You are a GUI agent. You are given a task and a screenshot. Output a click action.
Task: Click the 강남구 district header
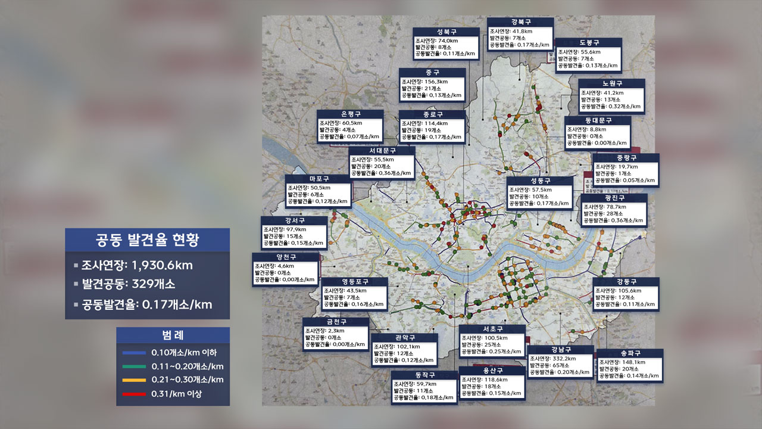point(561,350)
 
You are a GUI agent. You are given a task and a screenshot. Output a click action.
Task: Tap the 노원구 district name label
point(612,83)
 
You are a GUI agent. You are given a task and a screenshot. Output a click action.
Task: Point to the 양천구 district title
point(285,257)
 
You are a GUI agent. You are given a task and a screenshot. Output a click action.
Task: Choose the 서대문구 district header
point(382,151)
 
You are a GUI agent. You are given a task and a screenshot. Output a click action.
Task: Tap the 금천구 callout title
point(336,322)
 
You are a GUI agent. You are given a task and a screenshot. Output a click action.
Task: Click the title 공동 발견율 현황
point(148,240)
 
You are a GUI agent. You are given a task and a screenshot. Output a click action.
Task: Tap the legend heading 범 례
point(173,335)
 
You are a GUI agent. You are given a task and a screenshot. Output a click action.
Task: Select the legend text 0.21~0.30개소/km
point(188,380)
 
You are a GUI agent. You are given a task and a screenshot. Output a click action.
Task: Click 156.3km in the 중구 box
point(434,82)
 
